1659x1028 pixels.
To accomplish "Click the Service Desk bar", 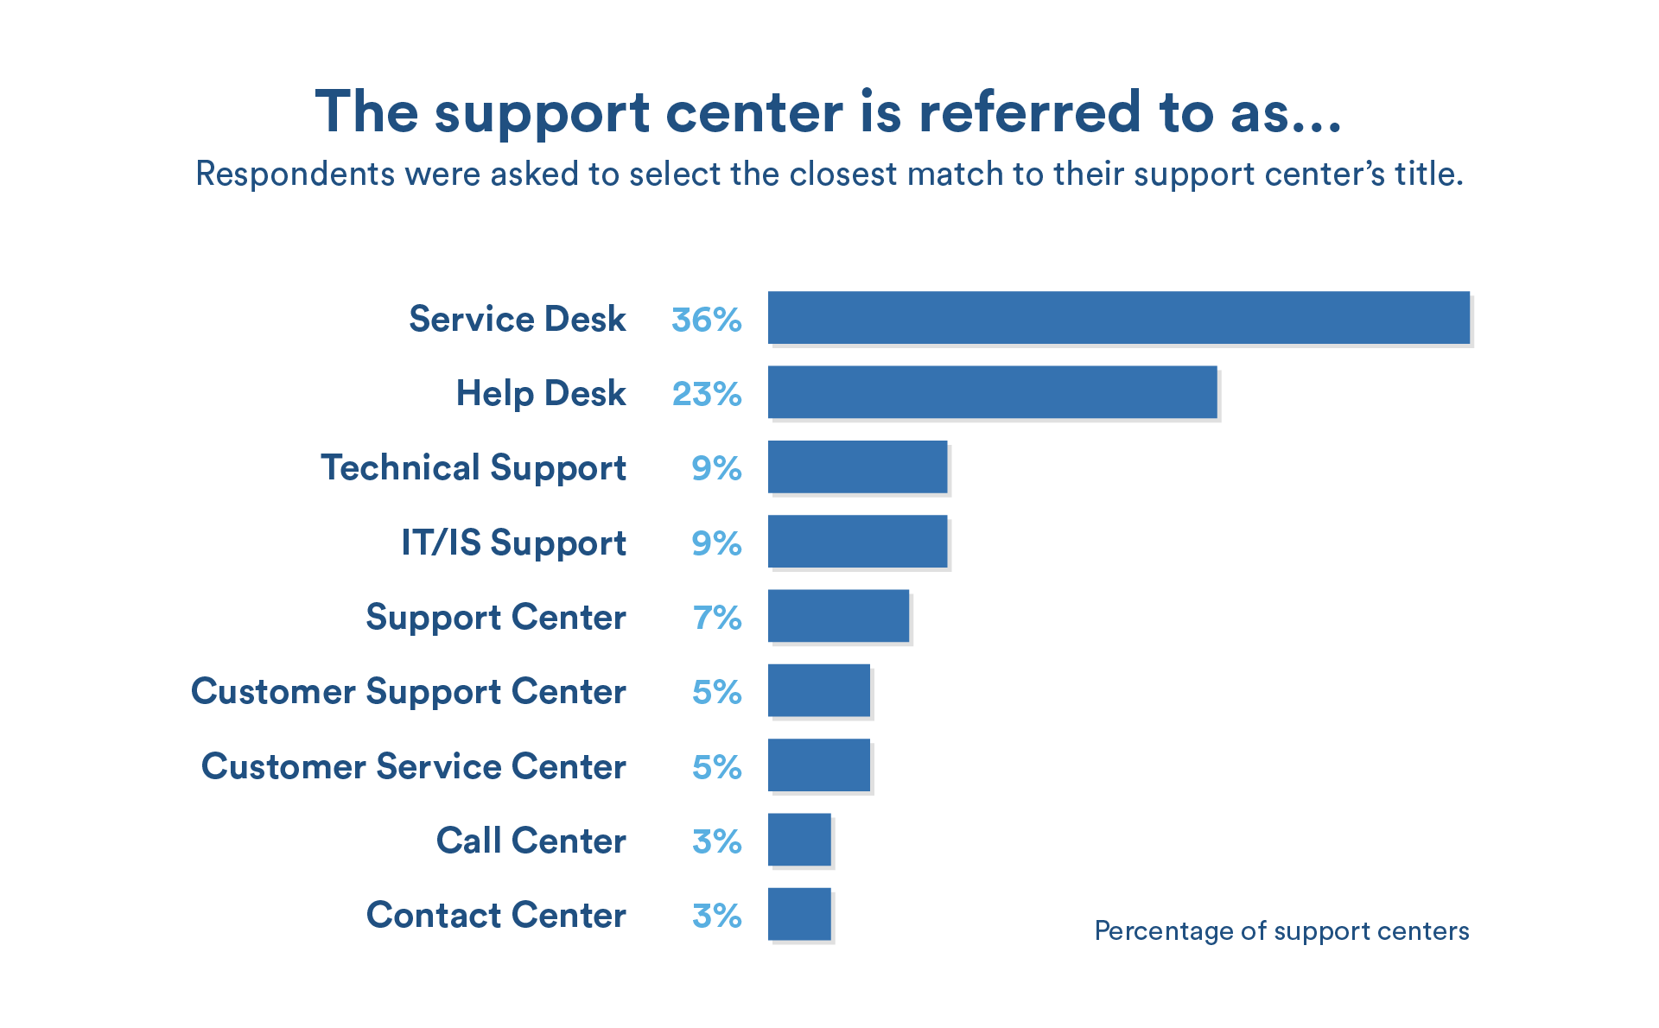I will [x=1118, y=318].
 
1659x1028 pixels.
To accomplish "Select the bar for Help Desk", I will [x=992, y=392].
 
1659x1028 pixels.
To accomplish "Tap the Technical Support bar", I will [x=857, y=467].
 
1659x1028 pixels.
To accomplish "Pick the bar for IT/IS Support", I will [x=857, y=542].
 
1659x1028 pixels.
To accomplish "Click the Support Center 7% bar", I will [x=838, y=616].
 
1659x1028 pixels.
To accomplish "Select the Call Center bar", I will [x=799, y=840].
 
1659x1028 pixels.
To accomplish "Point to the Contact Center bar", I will [x=799, y=914].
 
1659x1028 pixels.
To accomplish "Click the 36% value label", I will [x=706, y=320].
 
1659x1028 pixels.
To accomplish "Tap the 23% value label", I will [x=706, y=394].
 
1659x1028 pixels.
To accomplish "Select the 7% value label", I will [x=716, y=618].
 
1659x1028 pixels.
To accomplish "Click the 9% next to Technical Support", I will [x=716, y=468].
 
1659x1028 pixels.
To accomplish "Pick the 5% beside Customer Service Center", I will [x=716, y=767].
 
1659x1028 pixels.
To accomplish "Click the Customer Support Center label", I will [x=408, y=692].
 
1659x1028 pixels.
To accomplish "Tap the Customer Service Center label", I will [x=413, y=766].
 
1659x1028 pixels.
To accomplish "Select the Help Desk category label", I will [x=540, y=394].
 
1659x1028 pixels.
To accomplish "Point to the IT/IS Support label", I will [x=513, y=543].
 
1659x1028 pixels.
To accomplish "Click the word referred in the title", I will [x=1030, y=112].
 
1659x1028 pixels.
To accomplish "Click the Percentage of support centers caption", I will [x=1281, y=931].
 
